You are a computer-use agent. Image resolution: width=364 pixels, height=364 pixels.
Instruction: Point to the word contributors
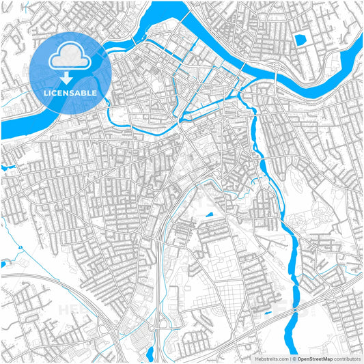[x=345, y=358]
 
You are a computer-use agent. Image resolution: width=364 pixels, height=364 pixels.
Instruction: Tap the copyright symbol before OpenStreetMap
[x=294, y=358]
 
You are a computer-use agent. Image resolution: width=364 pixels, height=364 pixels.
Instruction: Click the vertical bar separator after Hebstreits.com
[x=290, y=358]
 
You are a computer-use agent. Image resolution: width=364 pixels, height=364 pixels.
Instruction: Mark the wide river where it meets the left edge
[x=3, y=130]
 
